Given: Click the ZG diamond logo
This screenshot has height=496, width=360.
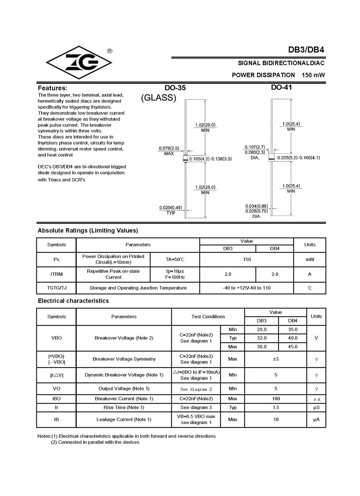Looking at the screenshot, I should click(x=79, y=62).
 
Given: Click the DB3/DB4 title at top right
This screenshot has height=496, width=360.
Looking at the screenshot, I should click(x=306, y=50).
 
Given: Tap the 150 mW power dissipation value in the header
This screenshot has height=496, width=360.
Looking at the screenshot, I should click(x=313, y=75).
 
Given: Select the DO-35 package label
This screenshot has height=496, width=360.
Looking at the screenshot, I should click(x=175, y=88).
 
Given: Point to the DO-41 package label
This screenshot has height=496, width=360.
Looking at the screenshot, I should click(x=281, y=87).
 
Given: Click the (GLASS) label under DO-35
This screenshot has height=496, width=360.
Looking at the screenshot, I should click(x=159, y=98).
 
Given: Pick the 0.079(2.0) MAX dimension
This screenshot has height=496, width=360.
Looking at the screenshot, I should click(x=169, y=151).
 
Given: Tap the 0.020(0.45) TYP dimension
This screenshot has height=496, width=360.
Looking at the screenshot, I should click(x=170, y=210).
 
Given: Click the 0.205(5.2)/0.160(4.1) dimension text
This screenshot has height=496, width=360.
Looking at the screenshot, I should click(x=299, y=158).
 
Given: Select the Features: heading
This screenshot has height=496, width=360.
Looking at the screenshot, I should click(x=52, y=88).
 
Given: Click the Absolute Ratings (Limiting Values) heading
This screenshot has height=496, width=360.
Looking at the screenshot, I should click(x=88, y=231).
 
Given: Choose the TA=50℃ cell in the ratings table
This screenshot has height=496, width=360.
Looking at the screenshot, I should click(x=175, y=259).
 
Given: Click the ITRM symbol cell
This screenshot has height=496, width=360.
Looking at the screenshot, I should click(x=56, y=274).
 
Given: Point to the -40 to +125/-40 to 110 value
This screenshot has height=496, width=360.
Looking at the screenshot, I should click(x=247, y=288).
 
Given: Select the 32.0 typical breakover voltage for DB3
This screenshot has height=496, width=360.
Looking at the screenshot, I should click(x=262, y=338).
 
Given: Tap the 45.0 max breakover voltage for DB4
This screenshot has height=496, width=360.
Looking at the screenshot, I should click(x=292, y=347).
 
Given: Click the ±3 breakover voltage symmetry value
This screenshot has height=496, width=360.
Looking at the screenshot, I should click(x=275, y=359).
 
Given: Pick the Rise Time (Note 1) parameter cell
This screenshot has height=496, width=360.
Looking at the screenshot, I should click(x=124, y=407).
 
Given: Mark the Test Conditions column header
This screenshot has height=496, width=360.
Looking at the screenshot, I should click(x=208, y=316).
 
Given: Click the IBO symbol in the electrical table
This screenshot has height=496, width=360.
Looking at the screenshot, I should click(x=56, y=399).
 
